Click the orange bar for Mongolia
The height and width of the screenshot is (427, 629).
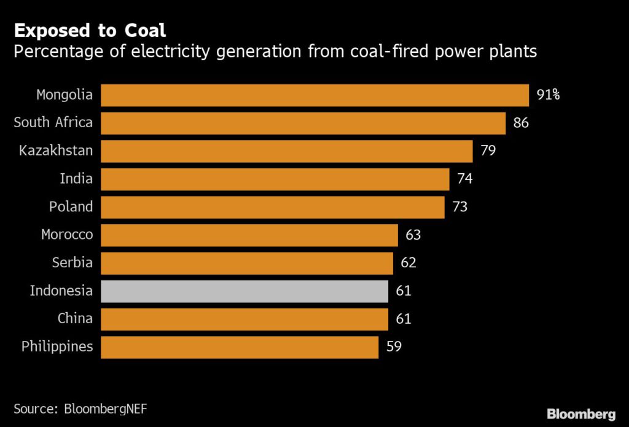[x=314, y=95]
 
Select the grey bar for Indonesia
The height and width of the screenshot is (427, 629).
[x=244, y=291]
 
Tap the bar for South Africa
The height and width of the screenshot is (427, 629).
[x=303, y=123]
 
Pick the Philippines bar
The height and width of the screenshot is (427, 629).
[x=240, y=347]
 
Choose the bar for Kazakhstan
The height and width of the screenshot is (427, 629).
[x=286, y=151]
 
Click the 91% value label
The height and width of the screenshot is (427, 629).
[x=548, y=95]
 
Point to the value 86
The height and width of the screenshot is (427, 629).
[x=521, y=123]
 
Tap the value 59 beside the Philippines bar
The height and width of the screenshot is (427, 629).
[x=394, y=347]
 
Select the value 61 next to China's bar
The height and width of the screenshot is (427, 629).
[x=404, y=319]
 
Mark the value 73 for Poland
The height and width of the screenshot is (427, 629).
[x=459, y=207]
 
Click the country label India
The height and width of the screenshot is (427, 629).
[x=76, y=179]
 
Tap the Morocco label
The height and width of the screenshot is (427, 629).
[x=67, y=235]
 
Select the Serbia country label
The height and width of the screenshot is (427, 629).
[x=72, y=263]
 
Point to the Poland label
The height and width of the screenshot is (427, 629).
[x=71, y=207]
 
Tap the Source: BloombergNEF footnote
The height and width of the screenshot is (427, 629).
[x=81, y=408]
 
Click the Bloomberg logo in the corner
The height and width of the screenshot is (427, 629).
[x=581, y=413]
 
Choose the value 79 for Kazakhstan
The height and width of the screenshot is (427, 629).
[x=488, y=151]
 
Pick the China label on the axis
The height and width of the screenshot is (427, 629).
[x=75, y=319]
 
